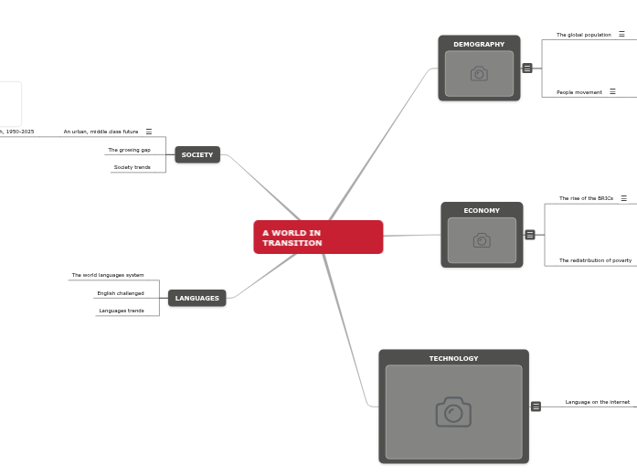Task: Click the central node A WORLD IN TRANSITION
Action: click(x=318, y=237)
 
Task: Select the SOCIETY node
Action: click(x=197, y=155)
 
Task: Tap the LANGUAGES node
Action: click(x=197, y=298)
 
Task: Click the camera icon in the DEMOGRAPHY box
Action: click(x=479, y=74)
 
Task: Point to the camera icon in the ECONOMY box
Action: click(x=482, y=240)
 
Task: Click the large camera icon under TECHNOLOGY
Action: click(x=453, y=412)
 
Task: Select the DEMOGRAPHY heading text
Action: click(x=479, y=44)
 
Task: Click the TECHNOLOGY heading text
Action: click(x=453, y=358)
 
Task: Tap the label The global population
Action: click(x=583, y=35)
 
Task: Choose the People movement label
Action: click(x=579, y=92)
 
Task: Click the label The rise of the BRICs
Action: click(x=586, y=198)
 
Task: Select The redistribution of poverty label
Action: click(x=595, y=260)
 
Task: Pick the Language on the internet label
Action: click(x=597, y=402)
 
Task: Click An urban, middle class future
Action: click(x=101, y=132)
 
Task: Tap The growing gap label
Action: click(x=129, y=150)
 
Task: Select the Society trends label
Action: click(x=132, y=167)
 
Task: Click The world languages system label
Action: click(x=108, y=275)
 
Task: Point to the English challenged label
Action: click(x=121, y=293)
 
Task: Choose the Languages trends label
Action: click(x=122, y=311)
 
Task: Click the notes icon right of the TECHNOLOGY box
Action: click(x=536, y=406)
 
